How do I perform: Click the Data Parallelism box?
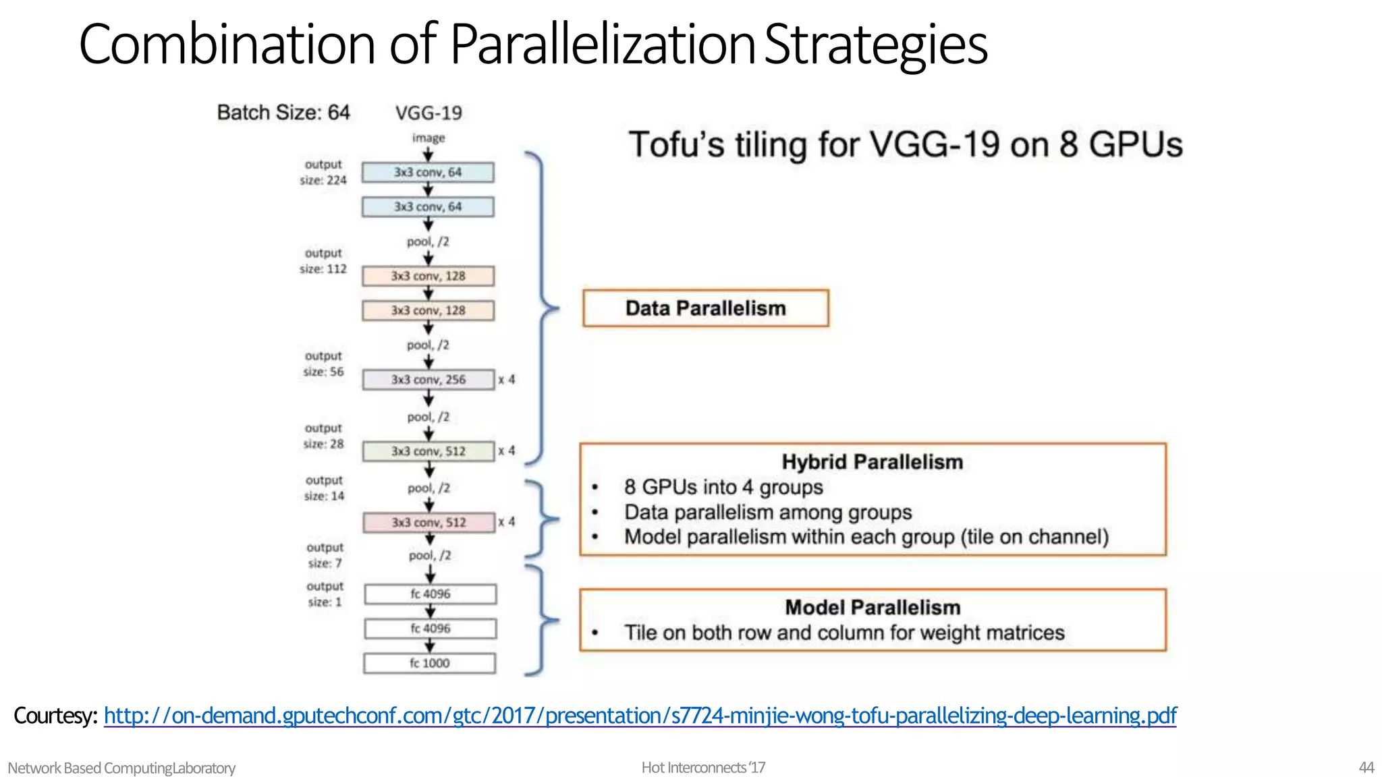click(x=705, y=308)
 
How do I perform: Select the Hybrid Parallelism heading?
click(x=872, y=462)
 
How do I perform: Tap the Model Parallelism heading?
click(x=872, y=608)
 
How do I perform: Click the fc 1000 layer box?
click(x=430, y=663)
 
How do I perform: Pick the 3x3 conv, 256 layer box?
click(x=428, y=380)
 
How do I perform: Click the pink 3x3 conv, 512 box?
click(x=429, y=523)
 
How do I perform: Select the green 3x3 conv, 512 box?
click(x=428, y=451)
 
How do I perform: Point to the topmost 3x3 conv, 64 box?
click(x=427, y=173)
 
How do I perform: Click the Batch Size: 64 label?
click(x=283, y=113)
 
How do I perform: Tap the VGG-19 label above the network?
click(x=429, y=113)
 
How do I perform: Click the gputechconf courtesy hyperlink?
click(x=640, y=716)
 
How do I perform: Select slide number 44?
click(x=1366, y=768)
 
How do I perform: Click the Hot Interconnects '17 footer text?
click(x=703, y=768)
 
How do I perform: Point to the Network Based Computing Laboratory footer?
click(x=121, y=768)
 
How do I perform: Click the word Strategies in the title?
click(x=876, y=45)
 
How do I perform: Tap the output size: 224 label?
click(x=323, y=173)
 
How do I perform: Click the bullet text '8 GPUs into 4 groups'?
click(x=723, y=487)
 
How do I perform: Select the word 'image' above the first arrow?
click(x=429, y=138)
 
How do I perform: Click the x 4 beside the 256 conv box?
click(x=507, y=380)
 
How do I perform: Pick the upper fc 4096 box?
click(x=430, y=594)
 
